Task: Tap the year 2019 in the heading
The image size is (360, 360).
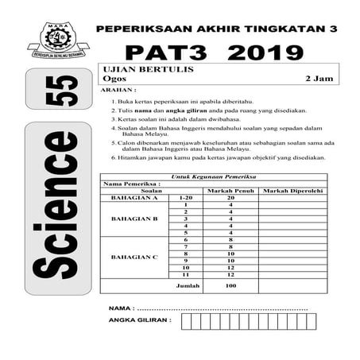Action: (x=265, y=54)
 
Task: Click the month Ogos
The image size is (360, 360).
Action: (x=110, y=79)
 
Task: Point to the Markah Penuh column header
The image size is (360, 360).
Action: (x=230, y=191)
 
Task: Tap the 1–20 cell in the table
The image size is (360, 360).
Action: (x=186, y=197)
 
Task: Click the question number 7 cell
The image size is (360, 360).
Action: (x=186, y=246)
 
